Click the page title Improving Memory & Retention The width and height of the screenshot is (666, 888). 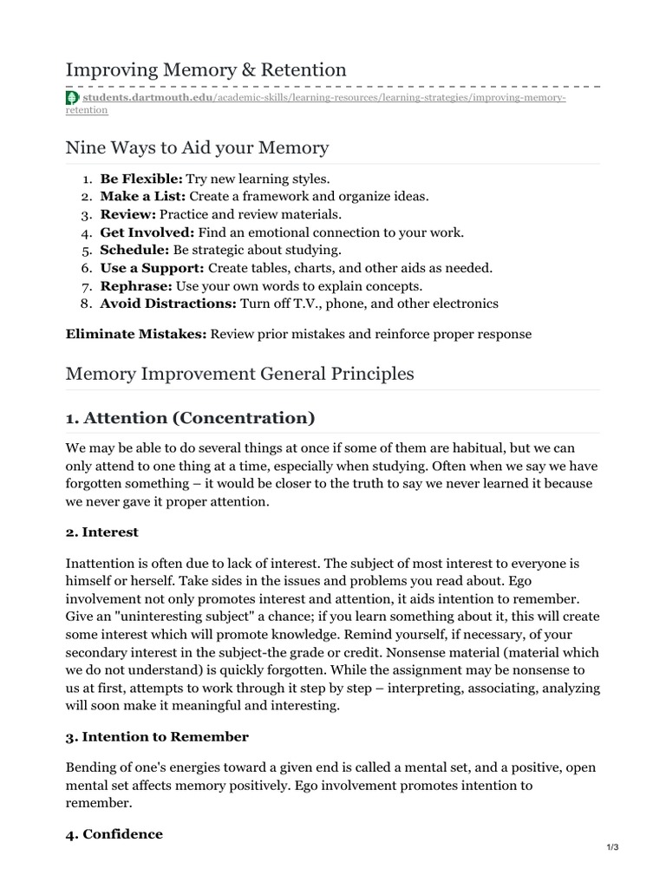(x=206, y=69)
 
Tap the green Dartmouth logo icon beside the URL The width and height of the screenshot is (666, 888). (x=71, y=98)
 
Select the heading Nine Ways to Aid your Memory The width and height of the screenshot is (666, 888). (x=197, y=147)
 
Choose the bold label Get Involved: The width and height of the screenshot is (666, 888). (x=147, y=232)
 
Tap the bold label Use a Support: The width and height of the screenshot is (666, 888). (x=152, y=268)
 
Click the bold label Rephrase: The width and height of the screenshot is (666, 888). (x=136, y=285)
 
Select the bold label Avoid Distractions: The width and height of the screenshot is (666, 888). (x=167, y=304)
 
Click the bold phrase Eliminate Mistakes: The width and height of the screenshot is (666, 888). (x=136, y=334)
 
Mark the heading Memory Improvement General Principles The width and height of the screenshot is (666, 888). (x=240, y=374)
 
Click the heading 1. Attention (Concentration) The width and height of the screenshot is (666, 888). (x=190, y=418)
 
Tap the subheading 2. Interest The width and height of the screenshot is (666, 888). (x=102, y=532)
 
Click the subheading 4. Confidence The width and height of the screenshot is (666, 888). (x=114, y=833)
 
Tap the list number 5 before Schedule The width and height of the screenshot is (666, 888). (x=87, y=250)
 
